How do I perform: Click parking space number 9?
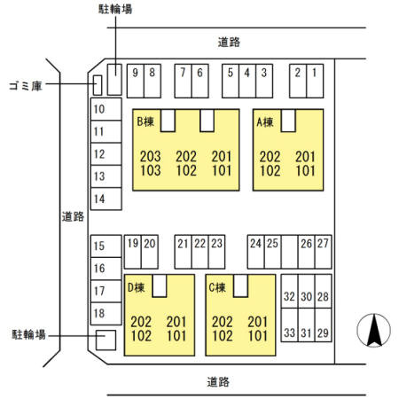(136, 81)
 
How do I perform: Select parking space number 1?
(315, 81)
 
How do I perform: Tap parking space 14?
(106, 199)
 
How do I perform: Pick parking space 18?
(106, 314)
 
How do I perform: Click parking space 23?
(216, 252)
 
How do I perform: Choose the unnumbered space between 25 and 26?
(290, 252)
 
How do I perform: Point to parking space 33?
(289, 325)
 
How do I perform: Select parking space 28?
(324, 292)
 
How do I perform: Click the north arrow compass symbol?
(374, 330)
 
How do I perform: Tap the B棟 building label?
(145, 121)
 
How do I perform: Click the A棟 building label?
(265, 121)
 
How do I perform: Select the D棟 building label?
(137, 287)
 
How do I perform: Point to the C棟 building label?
(217, 287)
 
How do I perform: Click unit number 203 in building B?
(151, 156)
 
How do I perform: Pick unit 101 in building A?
(306, 171)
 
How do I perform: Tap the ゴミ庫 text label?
(26, 86)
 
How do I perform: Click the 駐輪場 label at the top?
(115, 9)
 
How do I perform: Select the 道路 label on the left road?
(73, 216)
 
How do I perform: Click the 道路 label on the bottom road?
(218, 382)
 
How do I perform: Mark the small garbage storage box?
(98, 85)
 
